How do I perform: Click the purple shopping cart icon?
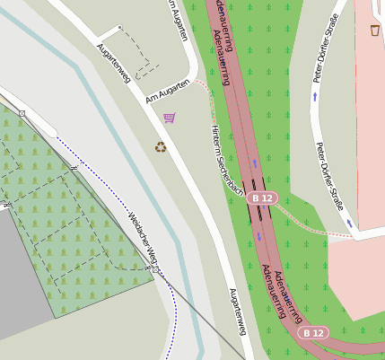[169, 117]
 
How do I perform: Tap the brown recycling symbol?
[161, 146]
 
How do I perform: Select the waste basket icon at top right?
[374, 31]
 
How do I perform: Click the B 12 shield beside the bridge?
[261, 197]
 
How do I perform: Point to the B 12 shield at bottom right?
[313, 332]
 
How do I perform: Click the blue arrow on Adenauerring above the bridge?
[254, 163]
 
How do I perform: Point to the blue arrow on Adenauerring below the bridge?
[259, 236]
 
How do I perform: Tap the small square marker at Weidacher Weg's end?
[155, 269]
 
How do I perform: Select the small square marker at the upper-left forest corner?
[22, 113]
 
